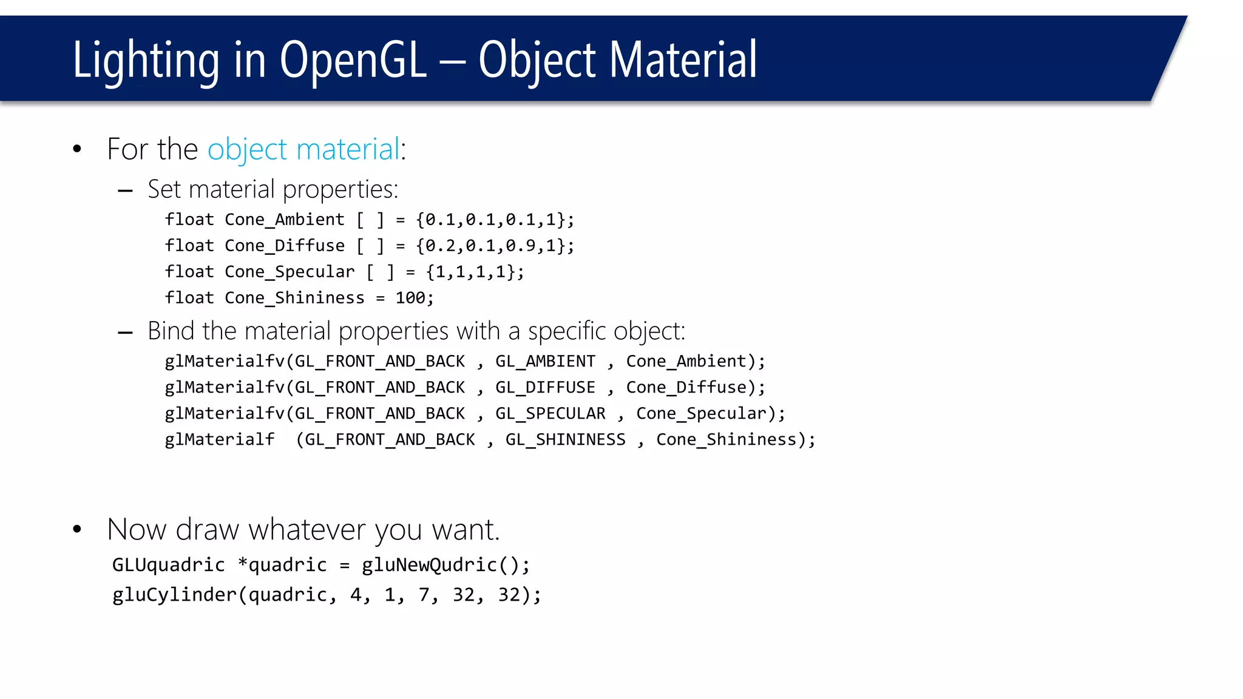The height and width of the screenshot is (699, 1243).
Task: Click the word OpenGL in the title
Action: click(354, 61)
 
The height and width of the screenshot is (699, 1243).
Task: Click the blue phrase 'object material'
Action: click(303, 149)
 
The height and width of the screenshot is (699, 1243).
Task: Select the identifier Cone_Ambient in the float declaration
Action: click(284, 220)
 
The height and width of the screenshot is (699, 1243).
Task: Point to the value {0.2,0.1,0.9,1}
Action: click(495, 246)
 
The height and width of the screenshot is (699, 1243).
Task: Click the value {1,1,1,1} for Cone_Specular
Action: click(475, 272)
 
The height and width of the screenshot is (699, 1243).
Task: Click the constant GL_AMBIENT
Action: click(545, 362)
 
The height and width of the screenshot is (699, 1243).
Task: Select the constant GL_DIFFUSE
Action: click(545, 388)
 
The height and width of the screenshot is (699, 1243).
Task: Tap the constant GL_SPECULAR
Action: click(550, 414)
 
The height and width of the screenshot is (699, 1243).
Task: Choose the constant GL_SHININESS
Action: click(565, 440)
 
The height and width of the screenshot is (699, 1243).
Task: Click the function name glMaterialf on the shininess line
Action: click(219, 440)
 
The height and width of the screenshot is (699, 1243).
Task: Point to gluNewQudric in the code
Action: click(429, 566)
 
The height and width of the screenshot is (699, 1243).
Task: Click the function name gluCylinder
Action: click(174, 595)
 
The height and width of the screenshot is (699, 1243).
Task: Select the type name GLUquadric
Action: click(168, 566)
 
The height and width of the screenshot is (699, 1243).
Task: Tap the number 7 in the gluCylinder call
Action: click(424, 595)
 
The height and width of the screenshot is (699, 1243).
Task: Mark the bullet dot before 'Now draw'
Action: click(77, 529)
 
